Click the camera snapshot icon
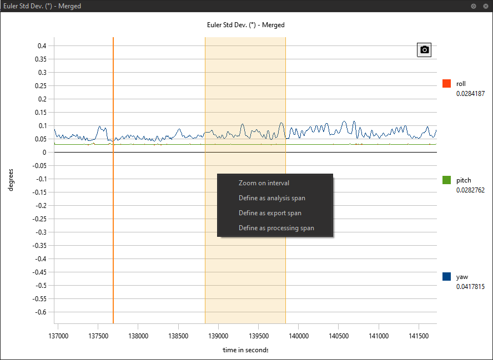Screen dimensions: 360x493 424,50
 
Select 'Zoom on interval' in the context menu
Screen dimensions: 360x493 264,183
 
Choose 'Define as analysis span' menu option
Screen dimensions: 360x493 271,198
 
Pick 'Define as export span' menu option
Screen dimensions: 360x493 270,213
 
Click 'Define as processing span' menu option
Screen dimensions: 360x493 276,228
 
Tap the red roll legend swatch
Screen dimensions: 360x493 446,84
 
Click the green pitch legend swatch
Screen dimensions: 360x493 446,180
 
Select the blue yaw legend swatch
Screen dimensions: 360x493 446,276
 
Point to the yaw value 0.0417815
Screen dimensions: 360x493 470,287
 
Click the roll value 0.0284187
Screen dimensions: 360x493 470,94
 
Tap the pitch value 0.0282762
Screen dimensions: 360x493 470,190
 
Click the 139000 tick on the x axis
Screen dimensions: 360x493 218,336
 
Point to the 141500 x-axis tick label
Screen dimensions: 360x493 419,336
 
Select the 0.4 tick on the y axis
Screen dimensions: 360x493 42,45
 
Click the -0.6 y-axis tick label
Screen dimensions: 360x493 40,312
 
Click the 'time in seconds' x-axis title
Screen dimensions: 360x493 245,350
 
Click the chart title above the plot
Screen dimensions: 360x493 245,25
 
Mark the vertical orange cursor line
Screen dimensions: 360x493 113,222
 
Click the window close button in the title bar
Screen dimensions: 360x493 484,6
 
